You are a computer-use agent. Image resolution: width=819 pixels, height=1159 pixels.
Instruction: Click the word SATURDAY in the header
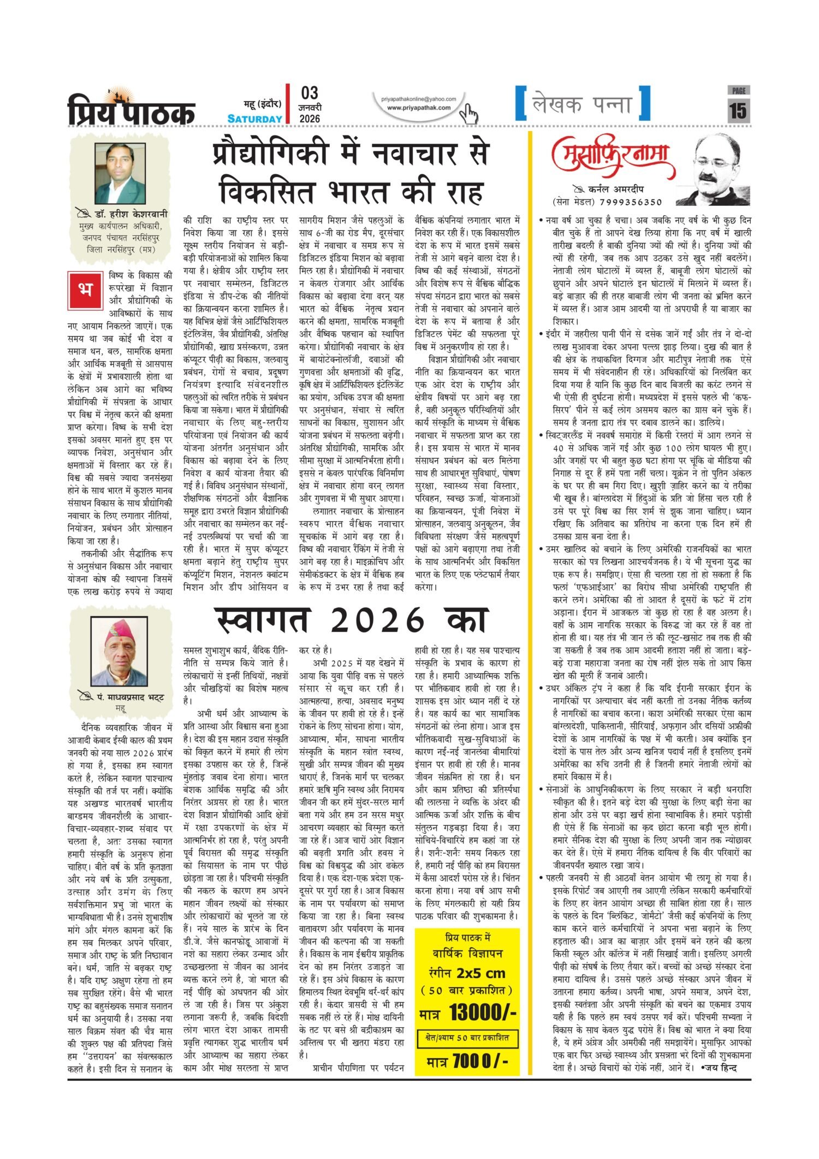(255, 119)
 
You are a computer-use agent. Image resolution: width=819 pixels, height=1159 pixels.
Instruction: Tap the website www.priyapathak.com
(419, 108)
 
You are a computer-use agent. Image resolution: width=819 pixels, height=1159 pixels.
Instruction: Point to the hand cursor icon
(468, 114)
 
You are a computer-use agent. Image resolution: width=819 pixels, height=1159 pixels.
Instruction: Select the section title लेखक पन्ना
(582, 104)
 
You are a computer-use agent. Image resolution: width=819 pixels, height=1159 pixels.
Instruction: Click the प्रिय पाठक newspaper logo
(131, 109)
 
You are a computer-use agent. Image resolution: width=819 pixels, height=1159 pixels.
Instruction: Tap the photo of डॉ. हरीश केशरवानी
(120, 174)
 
